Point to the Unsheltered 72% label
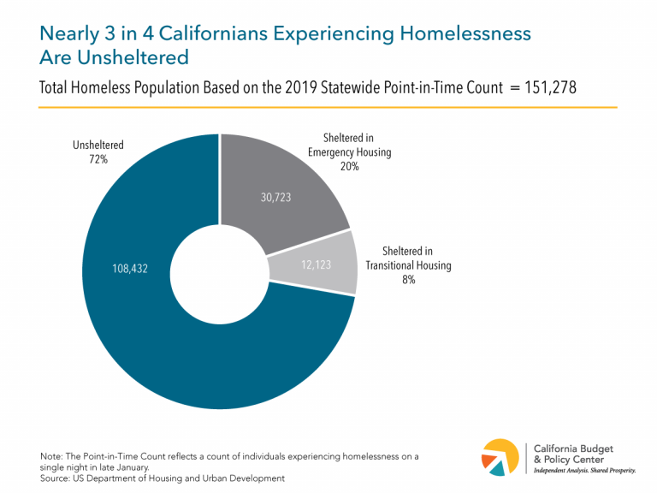(x=98, y=152)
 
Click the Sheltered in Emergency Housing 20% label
(x=349, y=152)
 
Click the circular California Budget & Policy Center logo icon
(x=500, y=456)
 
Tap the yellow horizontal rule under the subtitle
(x=328, y=108)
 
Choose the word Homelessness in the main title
(x=465, y=33)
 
